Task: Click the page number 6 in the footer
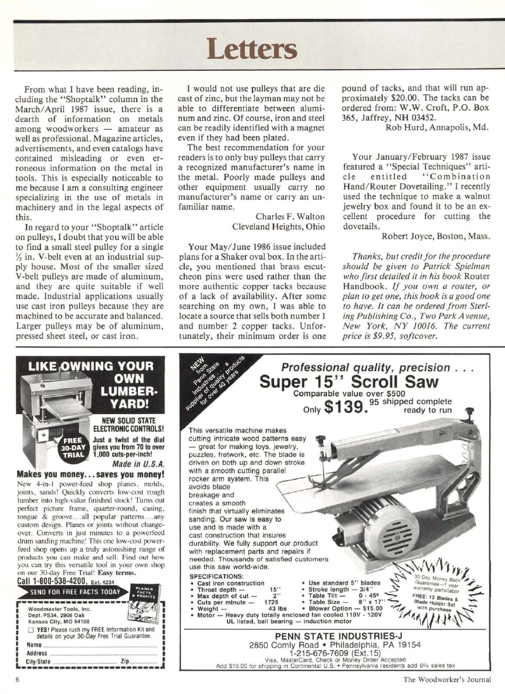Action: [x=20, y=681]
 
